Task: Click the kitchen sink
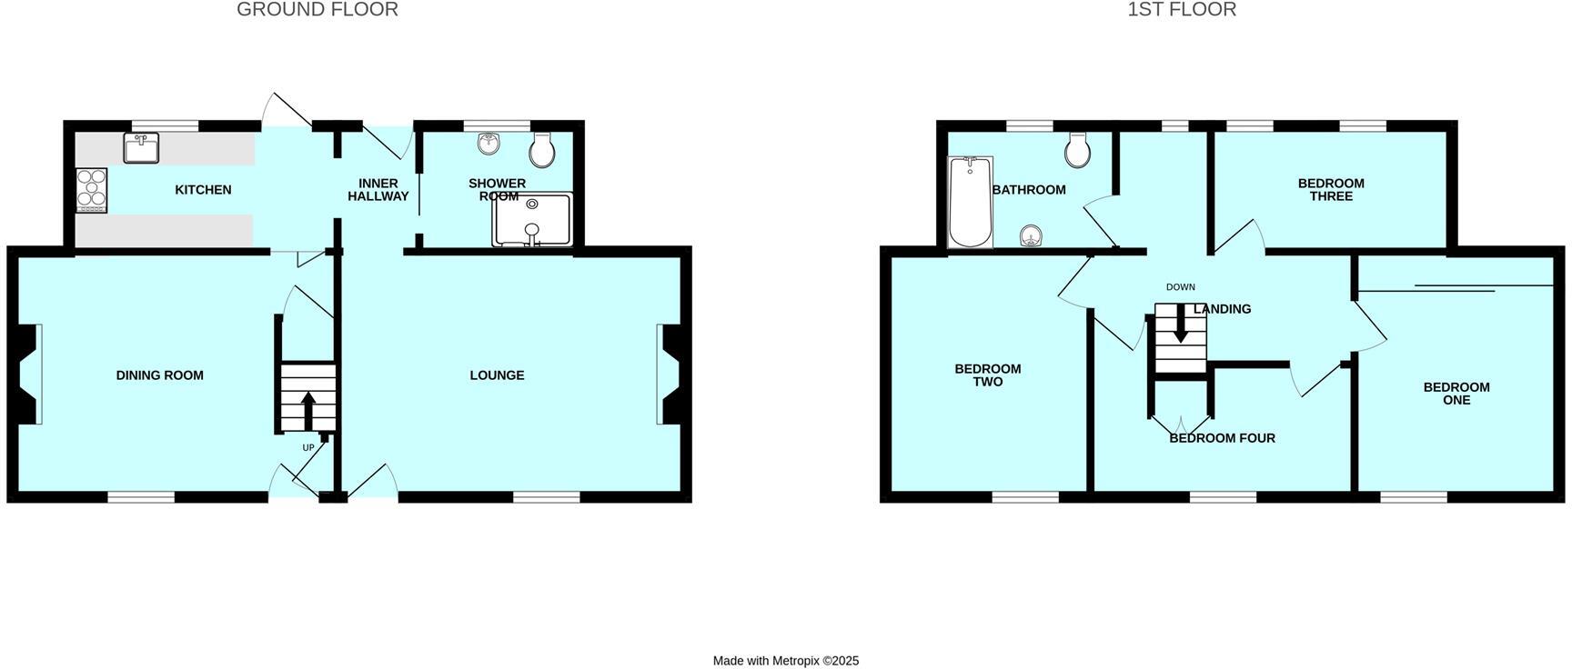tap(141, 147)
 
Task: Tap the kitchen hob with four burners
tap(92, 190)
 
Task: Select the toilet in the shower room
tap(542, 151)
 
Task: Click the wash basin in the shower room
tap(489, 144)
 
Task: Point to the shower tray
tap(532, 220)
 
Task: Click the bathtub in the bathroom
tap(970, 202)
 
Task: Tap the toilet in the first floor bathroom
tap(1078, 151)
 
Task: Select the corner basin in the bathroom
tap(1031, 236)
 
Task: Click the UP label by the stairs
tap(308, 447)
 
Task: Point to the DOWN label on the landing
tap(1181, 287)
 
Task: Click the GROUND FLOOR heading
tap(317, 10)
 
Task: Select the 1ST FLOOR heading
tap(1182, 10)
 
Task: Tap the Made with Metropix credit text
tap(786, 661)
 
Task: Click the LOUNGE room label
tap(497, 375)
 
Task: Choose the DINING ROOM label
tap(160, 375)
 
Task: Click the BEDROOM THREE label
tap(1331, 190)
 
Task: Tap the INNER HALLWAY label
tap(378, 190)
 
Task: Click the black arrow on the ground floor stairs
tap(308, 408)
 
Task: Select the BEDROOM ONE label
tap(1456, 394)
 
